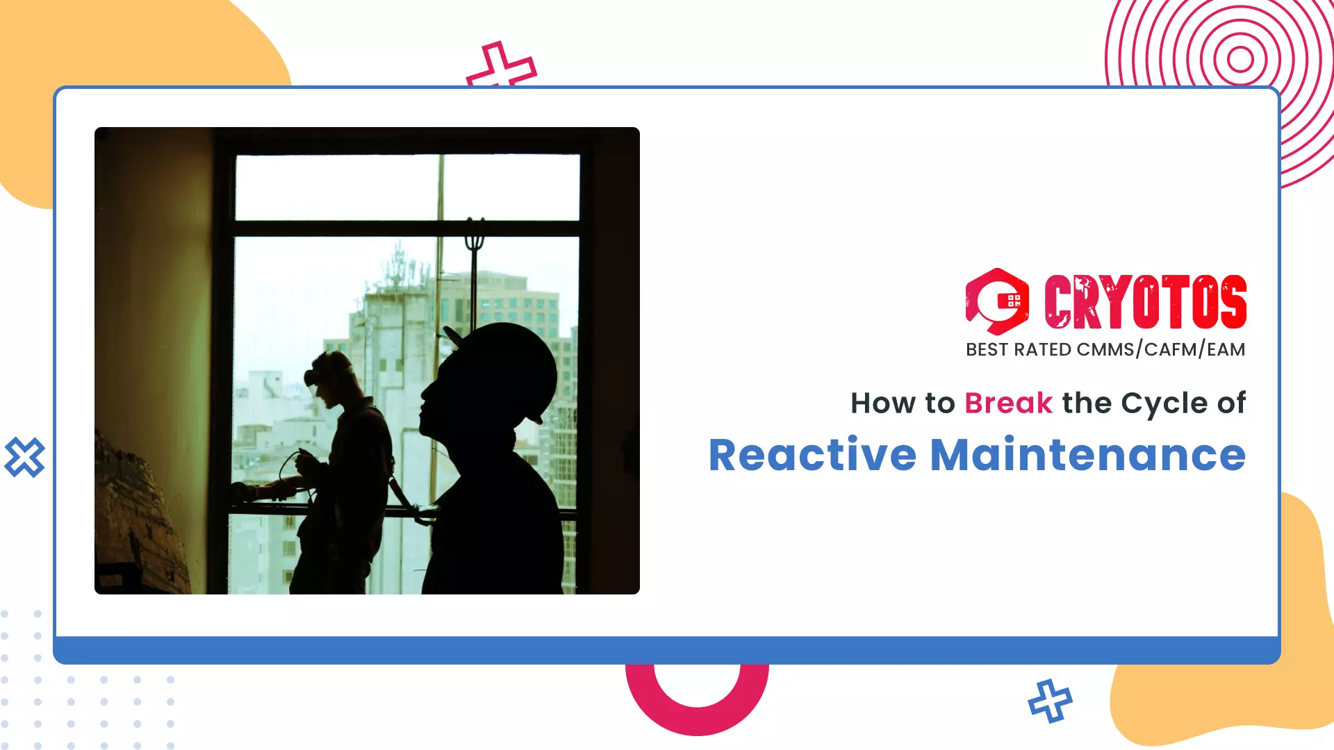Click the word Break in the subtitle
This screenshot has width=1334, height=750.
click(1008, 403)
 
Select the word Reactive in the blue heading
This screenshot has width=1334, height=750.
click(812, 456)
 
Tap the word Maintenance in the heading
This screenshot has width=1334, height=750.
click(1087, 456)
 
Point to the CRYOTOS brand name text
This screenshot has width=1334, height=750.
click(1145, 301)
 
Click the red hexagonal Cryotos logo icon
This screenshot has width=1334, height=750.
click(996, 301)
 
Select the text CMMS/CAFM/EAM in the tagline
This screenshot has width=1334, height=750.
click(1160, 349)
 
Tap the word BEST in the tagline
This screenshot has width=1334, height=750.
click(987, 349)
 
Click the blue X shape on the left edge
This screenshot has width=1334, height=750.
click(24, 457)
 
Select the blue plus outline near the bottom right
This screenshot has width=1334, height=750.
click(1050, 701)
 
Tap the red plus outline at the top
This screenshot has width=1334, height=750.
click(500, 66)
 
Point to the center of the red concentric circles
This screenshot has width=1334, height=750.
click(1240, 58)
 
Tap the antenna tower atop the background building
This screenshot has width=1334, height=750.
click(398, 264)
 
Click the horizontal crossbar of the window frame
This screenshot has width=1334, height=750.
click(406, 228)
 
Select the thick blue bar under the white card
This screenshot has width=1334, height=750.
click(667, 650)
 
